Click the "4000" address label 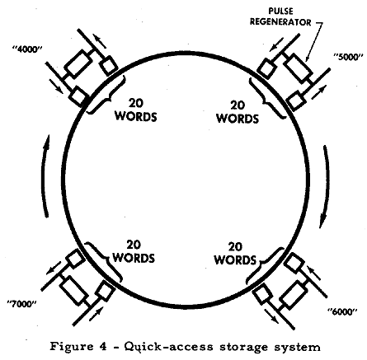coord(28,49)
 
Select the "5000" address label coord(346,57)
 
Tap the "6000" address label coord(342,311)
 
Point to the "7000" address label coord(22,304)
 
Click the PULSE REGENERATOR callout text coord(280,16)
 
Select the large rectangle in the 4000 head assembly coord(78,63)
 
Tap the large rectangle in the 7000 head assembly coord(73,291)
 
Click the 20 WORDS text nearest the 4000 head coord(136,110)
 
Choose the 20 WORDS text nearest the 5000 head coord(238,111)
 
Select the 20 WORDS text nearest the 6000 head coord(235,253)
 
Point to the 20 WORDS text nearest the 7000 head coord(134,251)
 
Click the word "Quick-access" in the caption coord(169,347)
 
